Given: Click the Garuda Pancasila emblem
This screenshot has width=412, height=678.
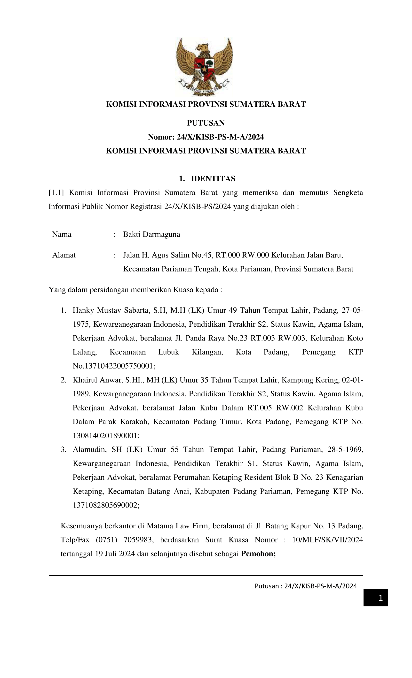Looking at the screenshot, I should (204, 67).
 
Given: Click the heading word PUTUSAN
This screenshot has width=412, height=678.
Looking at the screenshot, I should (206, 123).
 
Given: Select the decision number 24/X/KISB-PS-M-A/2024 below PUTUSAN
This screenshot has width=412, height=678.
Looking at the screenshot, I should (220, 137).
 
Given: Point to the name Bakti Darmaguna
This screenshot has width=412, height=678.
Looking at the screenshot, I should (151, 234).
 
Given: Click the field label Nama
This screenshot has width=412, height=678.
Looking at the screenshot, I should (62, 234).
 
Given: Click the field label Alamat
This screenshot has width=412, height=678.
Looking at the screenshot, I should (64, 255).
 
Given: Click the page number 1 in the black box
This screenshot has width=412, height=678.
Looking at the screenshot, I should (380, 598).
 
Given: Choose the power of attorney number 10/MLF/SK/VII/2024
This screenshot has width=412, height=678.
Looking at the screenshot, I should (327, 540).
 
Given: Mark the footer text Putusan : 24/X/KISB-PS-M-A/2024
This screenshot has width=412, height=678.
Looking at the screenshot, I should (305, 586).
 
